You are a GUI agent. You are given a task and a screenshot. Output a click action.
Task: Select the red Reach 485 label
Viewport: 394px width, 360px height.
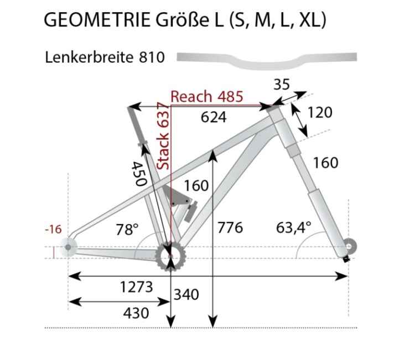click(x=206, y=96)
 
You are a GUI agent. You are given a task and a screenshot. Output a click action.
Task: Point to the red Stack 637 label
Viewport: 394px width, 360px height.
click(x=163, y=136)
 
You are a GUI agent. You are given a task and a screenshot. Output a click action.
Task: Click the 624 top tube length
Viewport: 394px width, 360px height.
click(x=214, y=116)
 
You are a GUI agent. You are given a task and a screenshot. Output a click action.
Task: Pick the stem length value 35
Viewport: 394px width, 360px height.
click(x=281, y=85)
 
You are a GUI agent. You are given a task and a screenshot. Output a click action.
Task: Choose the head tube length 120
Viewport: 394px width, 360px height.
click(x=320, y=112)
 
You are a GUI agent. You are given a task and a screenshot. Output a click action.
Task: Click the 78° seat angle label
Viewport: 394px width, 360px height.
click(x=127, y=229)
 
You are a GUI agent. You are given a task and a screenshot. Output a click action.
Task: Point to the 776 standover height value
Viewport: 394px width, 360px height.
click(x=230, y=227)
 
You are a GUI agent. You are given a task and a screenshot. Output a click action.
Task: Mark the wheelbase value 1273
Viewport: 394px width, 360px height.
click(x=136, y=287)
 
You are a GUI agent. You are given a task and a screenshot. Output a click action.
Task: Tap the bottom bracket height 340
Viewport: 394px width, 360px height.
click(x=186, y=294)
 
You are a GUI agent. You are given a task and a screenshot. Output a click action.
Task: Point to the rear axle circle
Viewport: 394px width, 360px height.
click(x=68, y=247)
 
